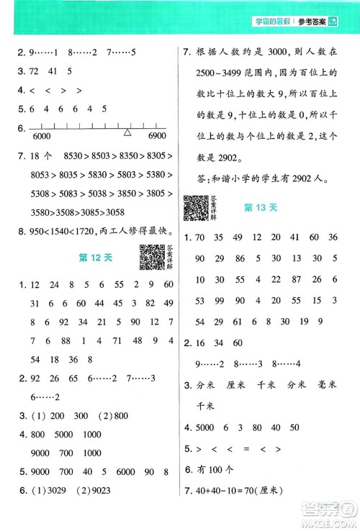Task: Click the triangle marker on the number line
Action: point(127,132)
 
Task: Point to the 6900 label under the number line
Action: point(152,137)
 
